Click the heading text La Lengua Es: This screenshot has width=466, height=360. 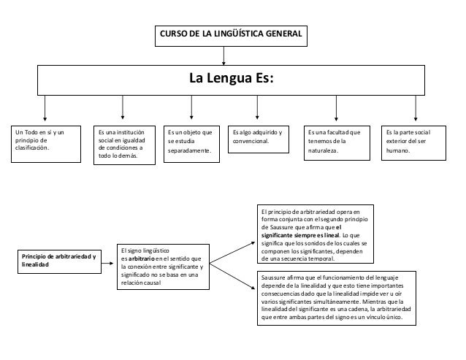tap(232, 78)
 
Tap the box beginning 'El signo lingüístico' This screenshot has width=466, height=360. tap(162, 267)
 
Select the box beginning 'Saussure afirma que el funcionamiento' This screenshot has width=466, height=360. tap(337, 296)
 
